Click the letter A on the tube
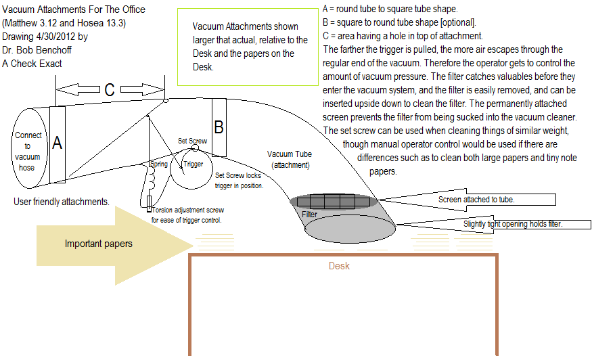coord(58,143)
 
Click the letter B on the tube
coord(219,127)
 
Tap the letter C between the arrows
coord(110,89)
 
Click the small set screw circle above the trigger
coord(195,148)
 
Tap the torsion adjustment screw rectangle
coord(149,202)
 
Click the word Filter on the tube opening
coord(309,215)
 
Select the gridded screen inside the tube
coord(334,201)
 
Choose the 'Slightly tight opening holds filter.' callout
coord(513,224)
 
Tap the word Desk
coord(339,266)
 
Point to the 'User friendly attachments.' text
coord(61,202)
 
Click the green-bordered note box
coord(247,47)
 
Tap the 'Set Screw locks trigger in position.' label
coord(239,180)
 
